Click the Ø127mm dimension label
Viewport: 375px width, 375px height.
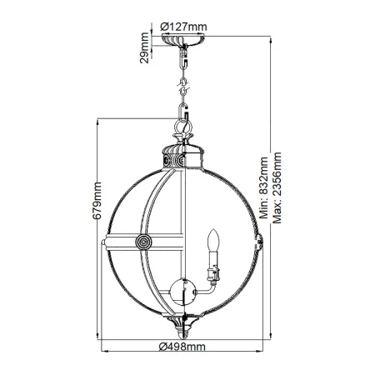[183, 27]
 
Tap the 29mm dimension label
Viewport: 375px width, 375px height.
[144, 47]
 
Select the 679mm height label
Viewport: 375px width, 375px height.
[97, 201]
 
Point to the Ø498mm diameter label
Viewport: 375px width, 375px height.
[182, 347]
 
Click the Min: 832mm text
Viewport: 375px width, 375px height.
[263, 187]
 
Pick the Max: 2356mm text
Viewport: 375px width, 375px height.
[277, 187]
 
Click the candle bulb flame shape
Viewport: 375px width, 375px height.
[214, 239]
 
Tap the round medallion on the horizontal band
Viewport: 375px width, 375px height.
[143, 242]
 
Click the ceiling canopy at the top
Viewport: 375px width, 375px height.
[183, 39]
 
